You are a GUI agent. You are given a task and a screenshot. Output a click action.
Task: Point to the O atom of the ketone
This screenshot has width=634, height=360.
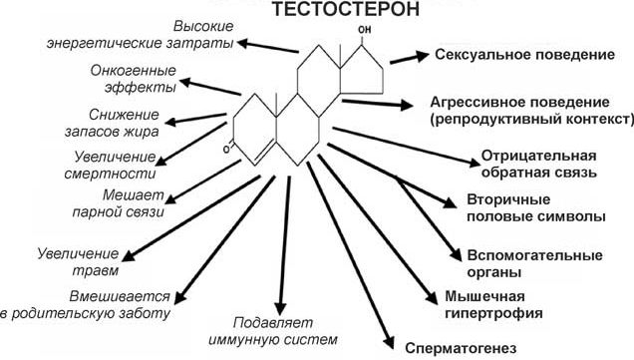(229, 150)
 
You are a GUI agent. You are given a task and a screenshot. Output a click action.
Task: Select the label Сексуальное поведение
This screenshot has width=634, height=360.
(520, 55)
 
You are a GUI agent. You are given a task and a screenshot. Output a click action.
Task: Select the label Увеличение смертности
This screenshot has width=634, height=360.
(119, 165)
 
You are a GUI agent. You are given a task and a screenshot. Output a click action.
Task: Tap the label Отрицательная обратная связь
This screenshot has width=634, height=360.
(539, 165)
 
